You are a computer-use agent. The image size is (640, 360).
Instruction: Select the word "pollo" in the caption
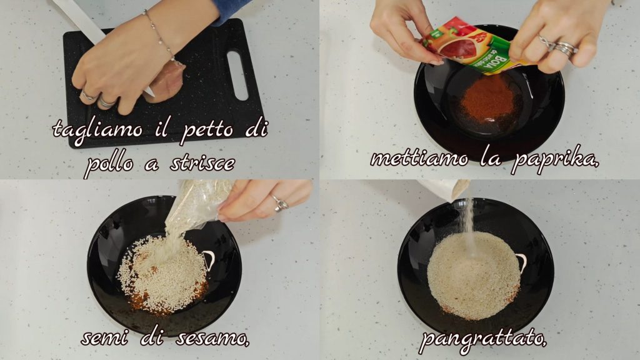point(109,164)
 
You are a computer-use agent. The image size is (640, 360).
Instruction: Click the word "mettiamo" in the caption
point(419,158)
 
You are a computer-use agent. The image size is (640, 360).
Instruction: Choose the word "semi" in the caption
point(104,338)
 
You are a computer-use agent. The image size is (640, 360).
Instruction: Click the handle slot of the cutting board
point(237,75)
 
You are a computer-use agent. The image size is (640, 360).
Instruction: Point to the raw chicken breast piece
point(164,82)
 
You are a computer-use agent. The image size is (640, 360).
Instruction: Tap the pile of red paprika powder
point(488,98)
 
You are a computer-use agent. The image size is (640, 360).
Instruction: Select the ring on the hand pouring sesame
point(280,203)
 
